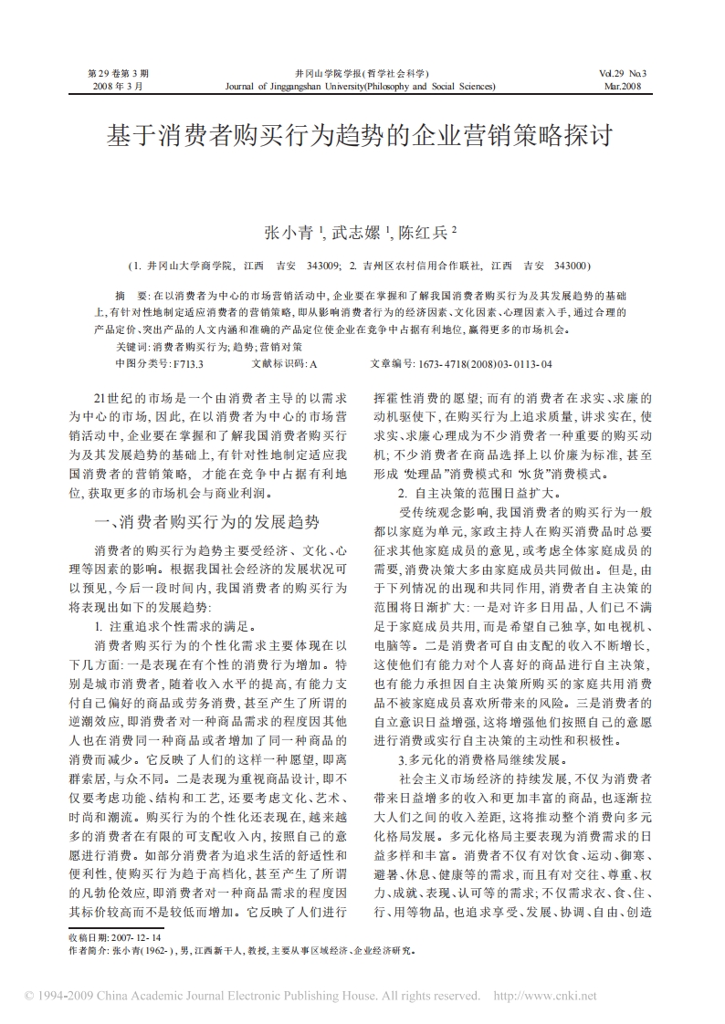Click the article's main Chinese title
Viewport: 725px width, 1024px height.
click(x=362, y=138)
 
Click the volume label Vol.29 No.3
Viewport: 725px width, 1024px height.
click(x=622, y=72)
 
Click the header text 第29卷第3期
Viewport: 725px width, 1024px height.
click(x=118, y=72)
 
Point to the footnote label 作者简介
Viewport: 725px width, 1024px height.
click(x=89, y=950)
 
